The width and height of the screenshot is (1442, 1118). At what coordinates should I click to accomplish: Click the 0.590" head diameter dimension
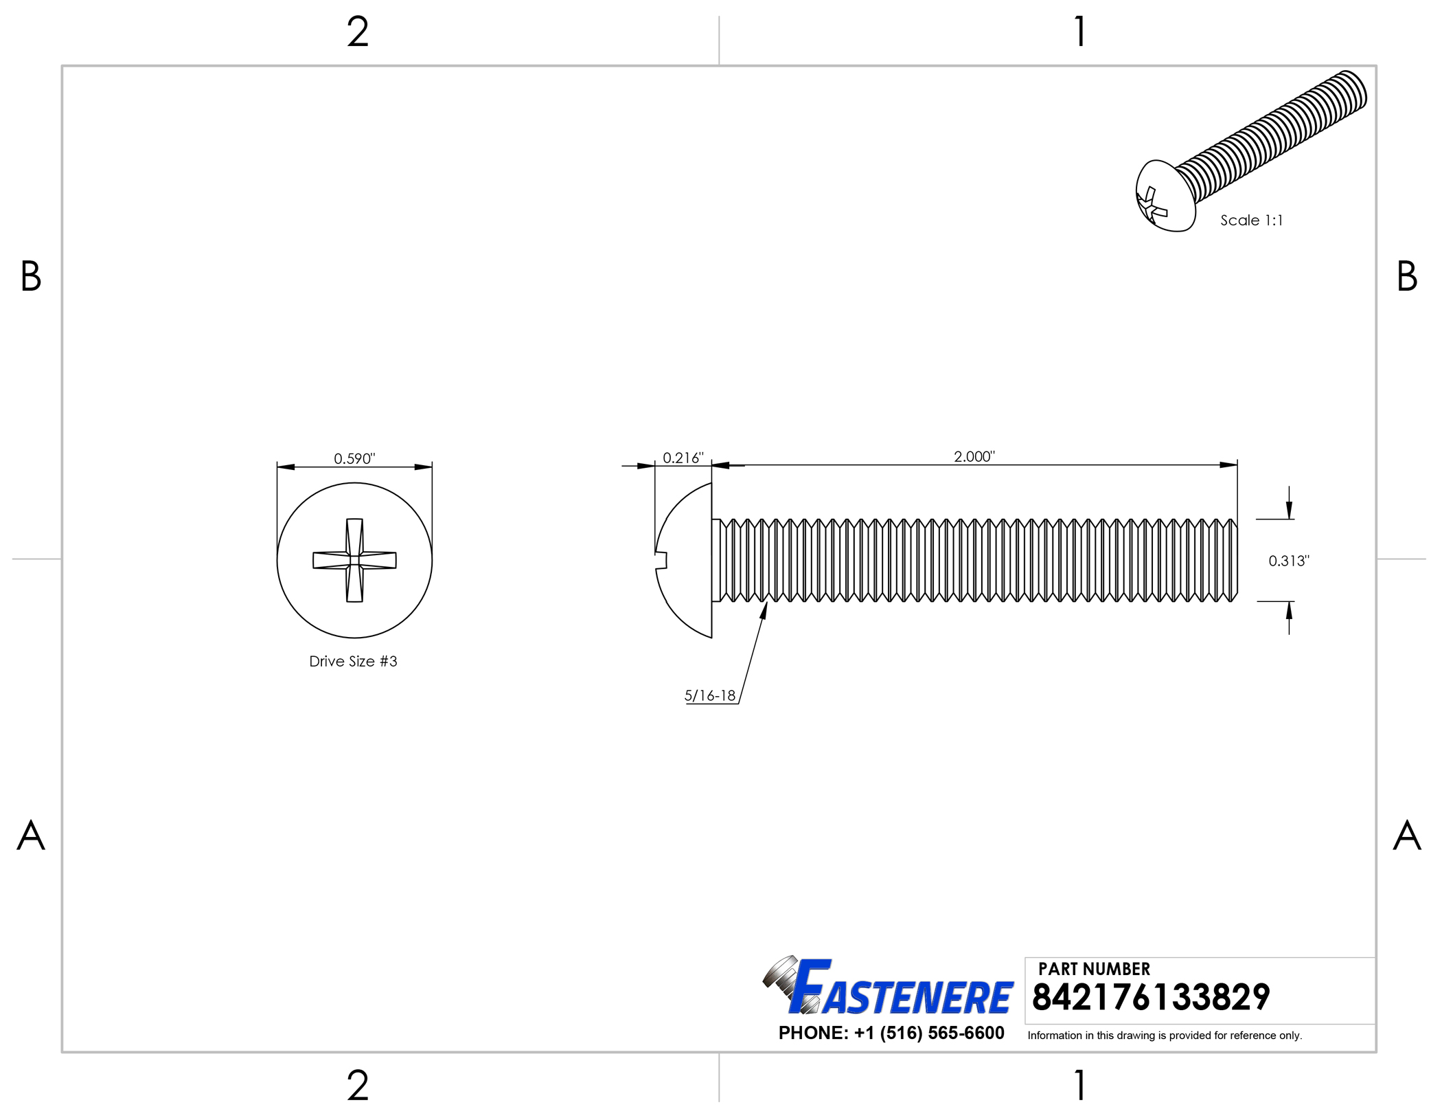point(354,458)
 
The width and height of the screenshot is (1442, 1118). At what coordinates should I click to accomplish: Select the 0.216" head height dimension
point(683,458)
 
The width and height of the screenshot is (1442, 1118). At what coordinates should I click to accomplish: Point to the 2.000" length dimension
point(974,456)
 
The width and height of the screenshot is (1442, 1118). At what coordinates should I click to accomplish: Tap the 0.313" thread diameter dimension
point(1289,561)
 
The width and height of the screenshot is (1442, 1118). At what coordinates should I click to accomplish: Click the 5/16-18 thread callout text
point(710,695)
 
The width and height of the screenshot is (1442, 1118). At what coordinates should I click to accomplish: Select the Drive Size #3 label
point(353,661)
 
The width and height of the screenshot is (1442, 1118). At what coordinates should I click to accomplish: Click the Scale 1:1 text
point(1251,221)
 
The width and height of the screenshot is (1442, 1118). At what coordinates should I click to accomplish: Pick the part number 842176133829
point(1151,997)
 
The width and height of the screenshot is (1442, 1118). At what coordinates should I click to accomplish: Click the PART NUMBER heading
point(1094,969)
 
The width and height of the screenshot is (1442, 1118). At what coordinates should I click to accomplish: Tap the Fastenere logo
point(888,986)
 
